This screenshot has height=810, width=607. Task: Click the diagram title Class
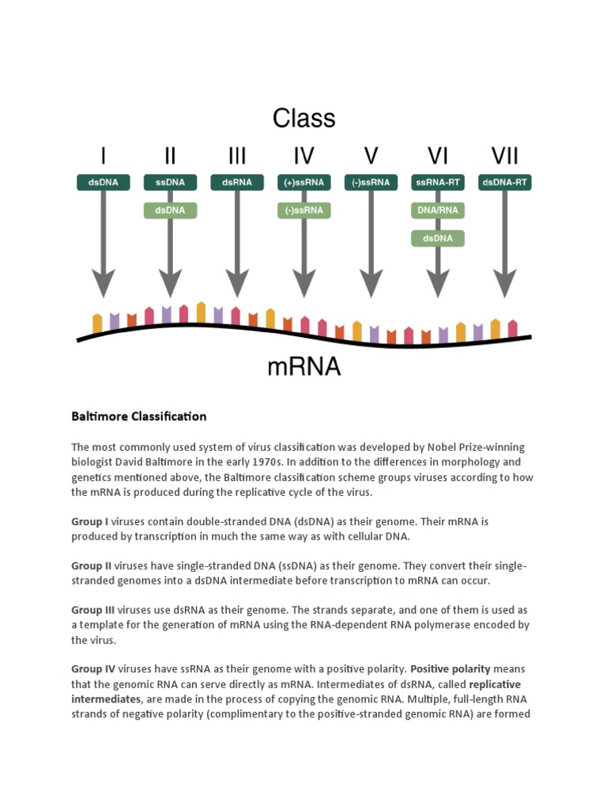pos(304,119)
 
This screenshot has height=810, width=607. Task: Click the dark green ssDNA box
pos(170,183)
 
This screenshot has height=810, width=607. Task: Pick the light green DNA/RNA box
pos(437,210)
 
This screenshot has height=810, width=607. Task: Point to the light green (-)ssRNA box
pos(304,210)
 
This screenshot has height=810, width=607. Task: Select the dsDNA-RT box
pos(505,183)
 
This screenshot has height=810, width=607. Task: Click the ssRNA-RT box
pos(437,183)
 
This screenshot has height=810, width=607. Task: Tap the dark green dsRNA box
pos(237,183)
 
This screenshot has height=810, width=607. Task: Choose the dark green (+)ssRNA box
pos(304,183)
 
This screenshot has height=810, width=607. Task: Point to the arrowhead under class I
pos(104,282)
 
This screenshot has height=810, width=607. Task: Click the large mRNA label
pos(304,367)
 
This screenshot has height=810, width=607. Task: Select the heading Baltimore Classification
pos(139,416)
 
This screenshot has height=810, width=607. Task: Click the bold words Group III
pos(93,610)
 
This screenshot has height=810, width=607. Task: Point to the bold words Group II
pos(92,566)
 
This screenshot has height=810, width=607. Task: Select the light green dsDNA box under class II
pos(170,210)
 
